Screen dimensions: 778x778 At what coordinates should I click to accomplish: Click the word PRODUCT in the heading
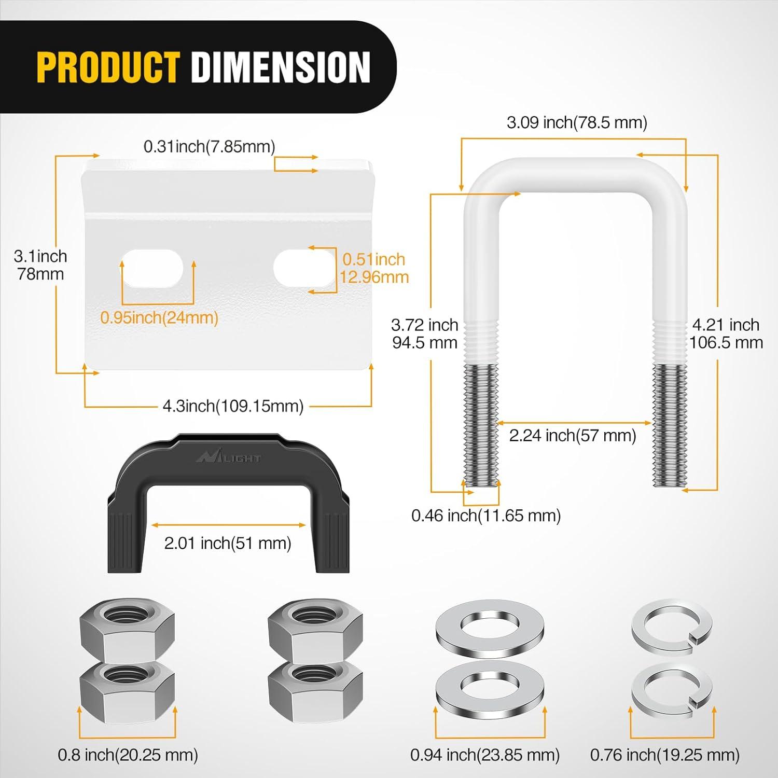click(108, 67)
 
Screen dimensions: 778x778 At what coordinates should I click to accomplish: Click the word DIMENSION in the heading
click(281, 67)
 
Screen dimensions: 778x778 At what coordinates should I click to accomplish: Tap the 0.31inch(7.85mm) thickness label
click(209, 147)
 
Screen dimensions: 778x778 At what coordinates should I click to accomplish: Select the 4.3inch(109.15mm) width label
click(233, 406)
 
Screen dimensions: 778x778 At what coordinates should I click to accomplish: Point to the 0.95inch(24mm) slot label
click(159, 317)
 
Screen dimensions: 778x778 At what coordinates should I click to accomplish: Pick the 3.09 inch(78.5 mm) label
click(577, 123)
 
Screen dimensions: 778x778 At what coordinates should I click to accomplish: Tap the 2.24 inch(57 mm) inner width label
click(573, 436)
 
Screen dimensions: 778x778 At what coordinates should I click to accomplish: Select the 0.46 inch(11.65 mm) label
click(486, 516)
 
